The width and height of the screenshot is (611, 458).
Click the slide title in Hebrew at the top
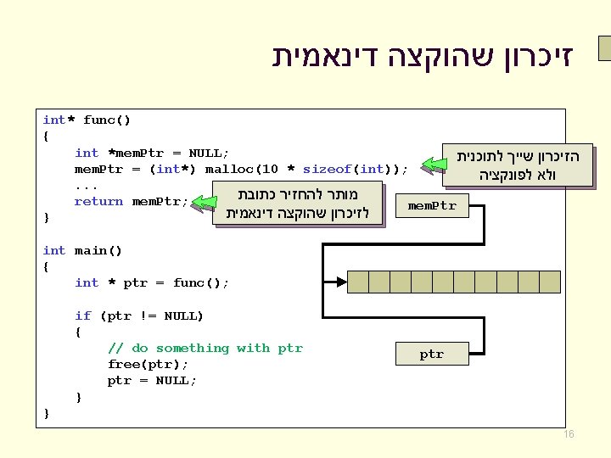422,57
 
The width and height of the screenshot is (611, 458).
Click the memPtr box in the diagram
432,206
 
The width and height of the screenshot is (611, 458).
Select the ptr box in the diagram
432,354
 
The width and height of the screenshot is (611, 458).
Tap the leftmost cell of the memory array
358,281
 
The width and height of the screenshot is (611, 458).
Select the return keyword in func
98,201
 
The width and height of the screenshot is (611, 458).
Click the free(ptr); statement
148,364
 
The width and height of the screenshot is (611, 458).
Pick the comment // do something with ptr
205,348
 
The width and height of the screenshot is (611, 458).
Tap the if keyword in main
87,316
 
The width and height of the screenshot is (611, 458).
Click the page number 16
569,434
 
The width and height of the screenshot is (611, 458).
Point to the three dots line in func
87,185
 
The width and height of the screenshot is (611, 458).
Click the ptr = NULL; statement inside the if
152,380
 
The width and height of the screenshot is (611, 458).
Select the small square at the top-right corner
604,49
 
